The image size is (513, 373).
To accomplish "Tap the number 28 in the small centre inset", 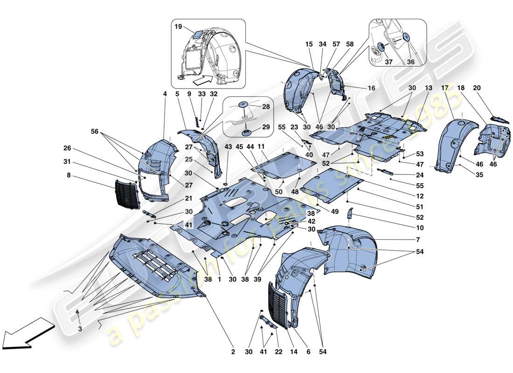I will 266,107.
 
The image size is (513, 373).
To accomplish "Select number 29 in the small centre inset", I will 266,127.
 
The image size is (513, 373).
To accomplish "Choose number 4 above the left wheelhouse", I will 165,94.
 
